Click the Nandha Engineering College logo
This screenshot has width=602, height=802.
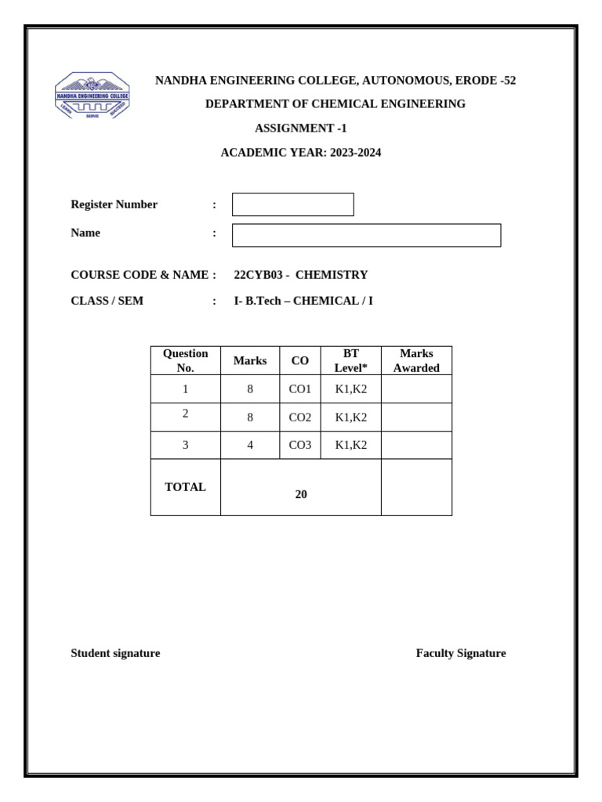pos(92,96)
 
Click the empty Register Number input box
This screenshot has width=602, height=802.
pos(292,204)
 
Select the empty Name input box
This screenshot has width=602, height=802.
pos(366,235)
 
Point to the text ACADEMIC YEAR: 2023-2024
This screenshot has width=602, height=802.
pos(300,153)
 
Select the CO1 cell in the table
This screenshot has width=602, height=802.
pos(299,389)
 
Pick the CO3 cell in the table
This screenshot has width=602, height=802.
pos(299,445)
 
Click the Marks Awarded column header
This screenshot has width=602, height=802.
pos(416,360)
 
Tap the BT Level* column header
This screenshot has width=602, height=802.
pos(350,360)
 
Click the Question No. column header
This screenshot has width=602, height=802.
pos(185,360)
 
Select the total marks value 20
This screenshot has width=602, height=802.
pos(301,494)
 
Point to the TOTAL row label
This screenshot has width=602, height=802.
pos(185,487)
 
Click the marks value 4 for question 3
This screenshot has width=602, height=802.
pos(250,445)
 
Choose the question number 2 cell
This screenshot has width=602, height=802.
pos(185,414)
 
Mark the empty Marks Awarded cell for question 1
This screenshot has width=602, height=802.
pos(416,389)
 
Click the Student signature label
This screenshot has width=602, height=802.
pos(115,653)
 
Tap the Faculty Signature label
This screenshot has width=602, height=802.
pos(461,653)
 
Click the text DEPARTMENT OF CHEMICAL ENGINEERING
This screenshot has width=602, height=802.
pos(335,104)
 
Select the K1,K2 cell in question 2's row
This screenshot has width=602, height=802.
pos(350,417)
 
